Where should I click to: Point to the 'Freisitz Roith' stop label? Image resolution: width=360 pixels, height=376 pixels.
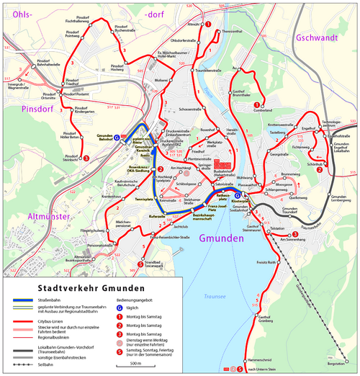pyautogui.click(x=267, y=263)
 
